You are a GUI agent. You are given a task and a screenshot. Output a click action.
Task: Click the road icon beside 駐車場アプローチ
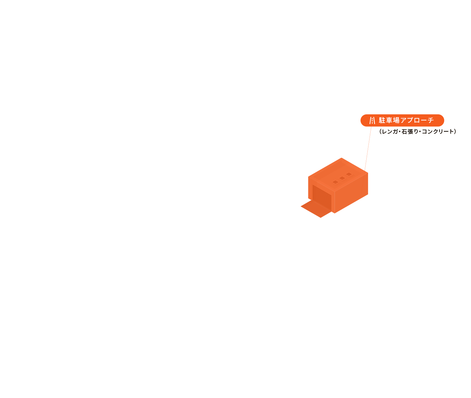click(372, 120)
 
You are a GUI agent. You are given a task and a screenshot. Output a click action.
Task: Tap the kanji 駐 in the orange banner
click(382, 120)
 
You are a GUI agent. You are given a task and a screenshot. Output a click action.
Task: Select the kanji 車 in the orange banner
click(389, 120)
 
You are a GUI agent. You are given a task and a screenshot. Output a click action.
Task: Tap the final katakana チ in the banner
click(431, 120)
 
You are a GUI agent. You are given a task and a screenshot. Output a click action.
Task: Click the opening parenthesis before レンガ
click(380, 132)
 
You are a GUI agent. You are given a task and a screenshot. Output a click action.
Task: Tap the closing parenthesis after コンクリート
click(455, 132)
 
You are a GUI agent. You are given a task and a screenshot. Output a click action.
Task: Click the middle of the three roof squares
click(342, 178)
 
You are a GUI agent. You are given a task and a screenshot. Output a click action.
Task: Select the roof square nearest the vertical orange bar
click(349, 174)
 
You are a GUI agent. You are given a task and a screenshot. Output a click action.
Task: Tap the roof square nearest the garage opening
click(335, 182)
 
